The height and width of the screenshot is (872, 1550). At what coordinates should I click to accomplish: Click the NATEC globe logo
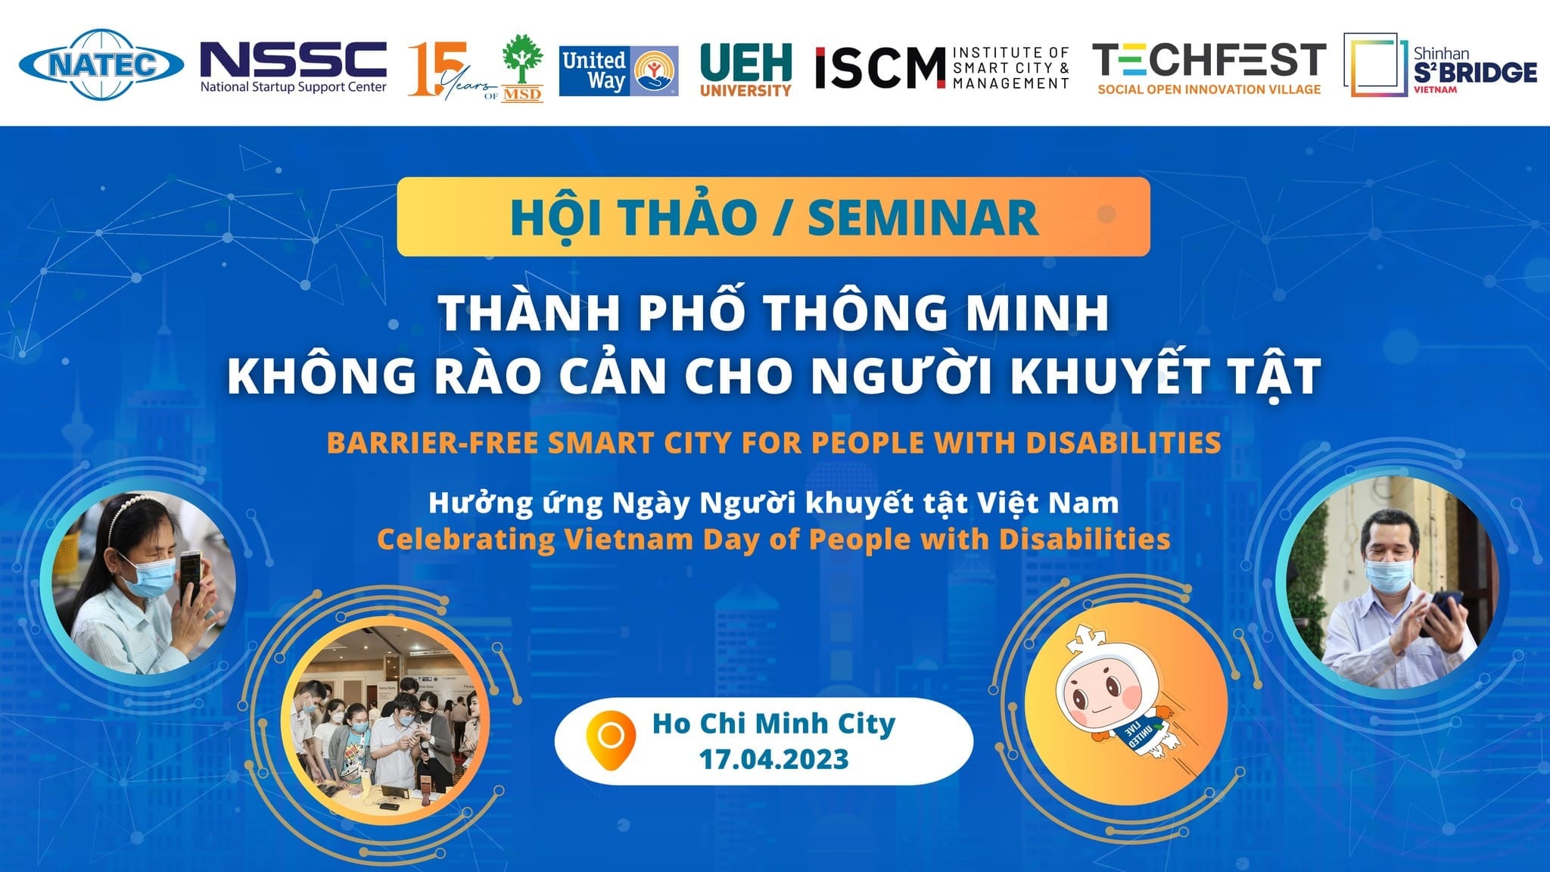pyautogui.click(x=101, y=64)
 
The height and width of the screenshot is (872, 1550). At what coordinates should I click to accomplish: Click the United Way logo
pyautogui.click(x=618, y=71)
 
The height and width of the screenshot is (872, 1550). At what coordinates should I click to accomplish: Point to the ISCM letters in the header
pyautogui.click(x=880, y=68)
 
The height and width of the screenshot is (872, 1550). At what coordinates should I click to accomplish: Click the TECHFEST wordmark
pyautogui.click(x=1209, y=60)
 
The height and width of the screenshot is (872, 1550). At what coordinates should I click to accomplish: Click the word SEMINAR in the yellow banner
pyautogui.click(x=923, y=218)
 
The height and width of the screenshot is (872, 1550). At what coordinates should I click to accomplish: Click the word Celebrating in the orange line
pyautogui.click(x=465, y=540)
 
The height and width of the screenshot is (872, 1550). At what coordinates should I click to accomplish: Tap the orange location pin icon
pyautogui.click(x=610, y=740)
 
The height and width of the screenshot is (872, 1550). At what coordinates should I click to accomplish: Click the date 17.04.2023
pyautogui.click(x=773, y=759)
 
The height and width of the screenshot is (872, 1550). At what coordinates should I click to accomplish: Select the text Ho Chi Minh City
pyautogui.click(x=773, y=724)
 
